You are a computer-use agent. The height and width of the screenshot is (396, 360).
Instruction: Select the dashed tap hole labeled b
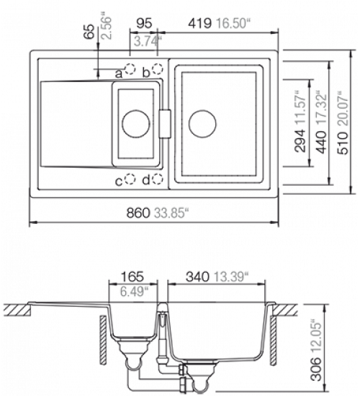pyautogui.click(x=158, y=68)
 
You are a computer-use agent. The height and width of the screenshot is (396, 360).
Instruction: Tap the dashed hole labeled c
pyautogui.click(x=130, y=179)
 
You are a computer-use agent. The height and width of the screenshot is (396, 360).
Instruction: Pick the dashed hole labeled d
pyautogui.click(x=158, y=179)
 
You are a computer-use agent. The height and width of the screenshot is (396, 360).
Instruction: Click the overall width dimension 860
pyautogui.click(x=138, y=212)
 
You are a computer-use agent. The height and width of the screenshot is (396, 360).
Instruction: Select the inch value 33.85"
pyautogui.click(x=171, y=212)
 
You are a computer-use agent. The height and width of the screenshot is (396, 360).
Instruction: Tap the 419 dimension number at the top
pyautogui.click(x=200, y=24)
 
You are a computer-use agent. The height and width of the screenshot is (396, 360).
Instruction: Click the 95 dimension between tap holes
pyautogui.click(x=144, y=23)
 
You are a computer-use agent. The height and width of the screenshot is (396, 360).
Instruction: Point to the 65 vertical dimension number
pyautogui.click(x=89, y=31)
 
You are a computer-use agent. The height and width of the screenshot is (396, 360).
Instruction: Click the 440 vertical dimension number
pyautogui.click(x=321, y=142)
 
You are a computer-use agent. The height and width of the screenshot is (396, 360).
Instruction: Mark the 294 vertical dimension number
pyautogui.click(x=300, y=141)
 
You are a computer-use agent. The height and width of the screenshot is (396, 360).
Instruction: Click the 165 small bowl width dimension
pyautogui.click(x=132, y=276)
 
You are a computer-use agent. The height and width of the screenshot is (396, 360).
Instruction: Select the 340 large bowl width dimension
pyautogui.click(x=197, y=276)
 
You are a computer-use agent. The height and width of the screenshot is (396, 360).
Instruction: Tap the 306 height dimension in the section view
pyautogui.click(x=316, y=369)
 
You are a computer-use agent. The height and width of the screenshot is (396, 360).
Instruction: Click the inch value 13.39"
pyautogui.click(x=230, y=276)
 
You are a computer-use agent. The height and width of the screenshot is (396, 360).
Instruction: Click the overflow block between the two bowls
pyautogui.click(x=165, y=124)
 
